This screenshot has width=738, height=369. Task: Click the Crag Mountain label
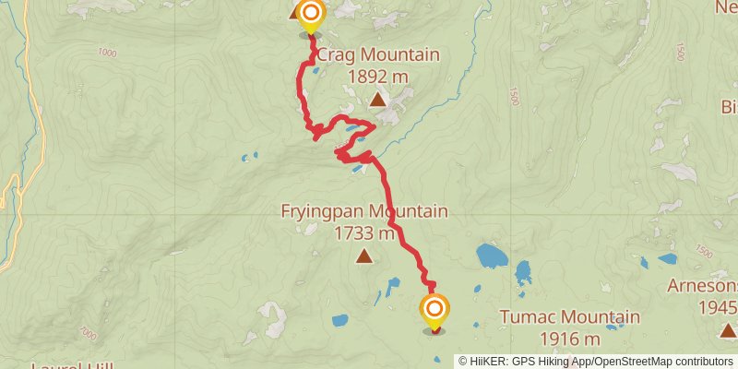coord(378,55)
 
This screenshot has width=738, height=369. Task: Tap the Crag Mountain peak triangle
coord(377,98)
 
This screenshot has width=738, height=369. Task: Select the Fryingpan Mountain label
coord(364,211)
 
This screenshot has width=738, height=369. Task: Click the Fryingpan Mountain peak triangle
coord(364,256)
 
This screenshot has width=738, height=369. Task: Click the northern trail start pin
coord(311,14)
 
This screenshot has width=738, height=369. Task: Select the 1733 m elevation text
coord(364,233)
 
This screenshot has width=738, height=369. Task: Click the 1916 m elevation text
coord(569,340)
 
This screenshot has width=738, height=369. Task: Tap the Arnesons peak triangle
coord(728,329)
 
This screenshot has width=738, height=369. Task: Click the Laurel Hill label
coord(72,366)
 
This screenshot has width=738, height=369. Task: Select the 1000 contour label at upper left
coord(106,53)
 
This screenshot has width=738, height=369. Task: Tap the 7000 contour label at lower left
coord(88,331)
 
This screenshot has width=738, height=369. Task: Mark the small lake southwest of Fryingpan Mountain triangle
coord(339,321)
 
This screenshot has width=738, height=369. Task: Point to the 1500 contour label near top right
coord(513,97)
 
